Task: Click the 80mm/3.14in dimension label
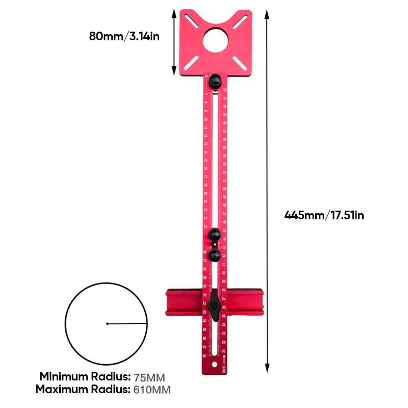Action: pos(124,36)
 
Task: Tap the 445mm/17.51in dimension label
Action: pos(324,215)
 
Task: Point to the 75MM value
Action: pos(150,378)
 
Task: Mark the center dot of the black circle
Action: pos(107,323)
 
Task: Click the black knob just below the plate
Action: pos(215,80)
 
